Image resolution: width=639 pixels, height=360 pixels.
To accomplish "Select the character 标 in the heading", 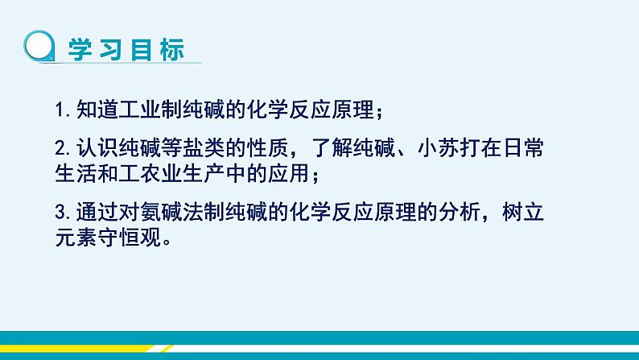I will pyautogui.click(x=171, y=48).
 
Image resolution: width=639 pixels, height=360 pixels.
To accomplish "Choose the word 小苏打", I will pyautogui.click(x=486, y=150).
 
